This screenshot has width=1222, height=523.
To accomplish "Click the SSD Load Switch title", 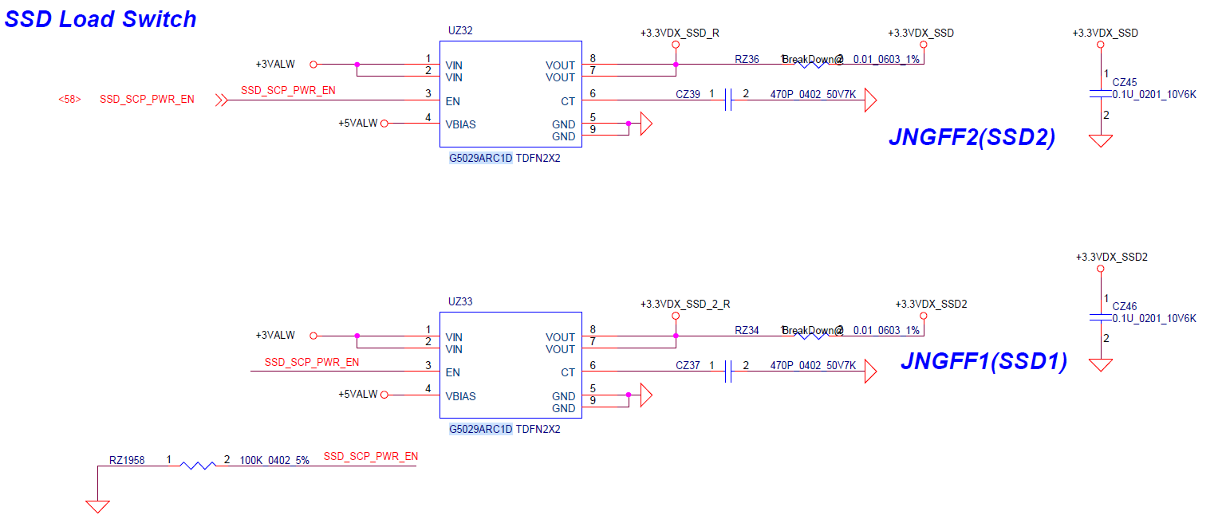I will click(x=101, y=18).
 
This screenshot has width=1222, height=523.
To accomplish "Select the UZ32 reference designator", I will click(x=461, y=31).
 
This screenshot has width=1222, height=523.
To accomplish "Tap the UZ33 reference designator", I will click(x=461, y=302).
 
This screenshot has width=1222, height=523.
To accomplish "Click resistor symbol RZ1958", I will click(x=198, y=465).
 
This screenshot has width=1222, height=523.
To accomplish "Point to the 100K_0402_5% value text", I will click(x=274, y=460).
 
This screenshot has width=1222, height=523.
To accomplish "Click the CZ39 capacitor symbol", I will click(x=728, y=100).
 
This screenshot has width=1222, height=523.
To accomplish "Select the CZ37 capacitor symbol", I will click(x=728, y=372).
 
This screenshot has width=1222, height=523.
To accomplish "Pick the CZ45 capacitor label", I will click(x=1125, y=82).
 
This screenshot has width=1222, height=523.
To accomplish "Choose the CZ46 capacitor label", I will click(x=1125, y=306).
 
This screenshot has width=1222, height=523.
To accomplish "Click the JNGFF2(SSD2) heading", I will click(x=972, y=138).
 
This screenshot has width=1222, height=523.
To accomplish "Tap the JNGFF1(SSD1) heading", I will click(x=984, y=362).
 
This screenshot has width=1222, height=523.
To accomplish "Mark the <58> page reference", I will click(x=69, y=100).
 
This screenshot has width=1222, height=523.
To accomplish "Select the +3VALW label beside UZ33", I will click(x=275, y=336).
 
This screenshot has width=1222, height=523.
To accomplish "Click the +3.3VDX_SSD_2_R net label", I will click(x=685, y=305).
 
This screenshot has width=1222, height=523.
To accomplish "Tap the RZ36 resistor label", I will click(x=747, y=60).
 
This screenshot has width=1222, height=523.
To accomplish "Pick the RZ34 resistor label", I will click(x=747, y=331).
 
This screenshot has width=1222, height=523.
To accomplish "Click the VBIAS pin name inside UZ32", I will click(x=461, y=125).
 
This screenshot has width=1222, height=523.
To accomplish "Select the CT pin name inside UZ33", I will click(x=568, y=372).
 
